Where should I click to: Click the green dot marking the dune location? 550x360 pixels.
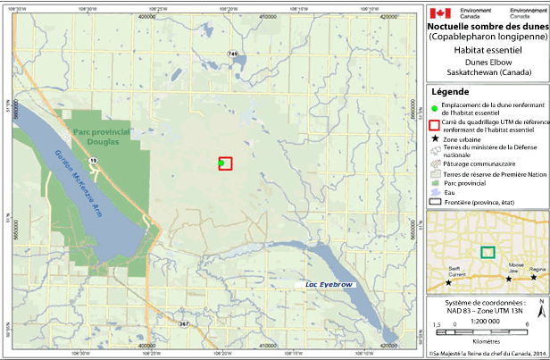(x=221, y=163)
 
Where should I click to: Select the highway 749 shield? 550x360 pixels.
(x=233, y=54)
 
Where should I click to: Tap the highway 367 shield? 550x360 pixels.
(x=184, y=323)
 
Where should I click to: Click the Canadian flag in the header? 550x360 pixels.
(x=438, y=13)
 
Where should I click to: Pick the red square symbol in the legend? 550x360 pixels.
(x=436, y=124)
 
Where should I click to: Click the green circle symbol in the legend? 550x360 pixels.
(x=436, y=106)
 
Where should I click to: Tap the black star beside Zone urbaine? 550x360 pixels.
(x=436, y=141)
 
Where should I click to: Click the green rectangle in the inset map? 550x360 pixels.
(x=487, y=252)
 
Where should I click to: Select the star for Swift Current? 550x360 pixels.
(x=448, y=282)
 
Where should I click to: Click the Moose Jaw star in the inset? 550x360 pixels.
(x=510, y=279)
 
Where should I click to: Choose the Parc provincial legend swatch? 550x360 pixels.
(x=436, y=183)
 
